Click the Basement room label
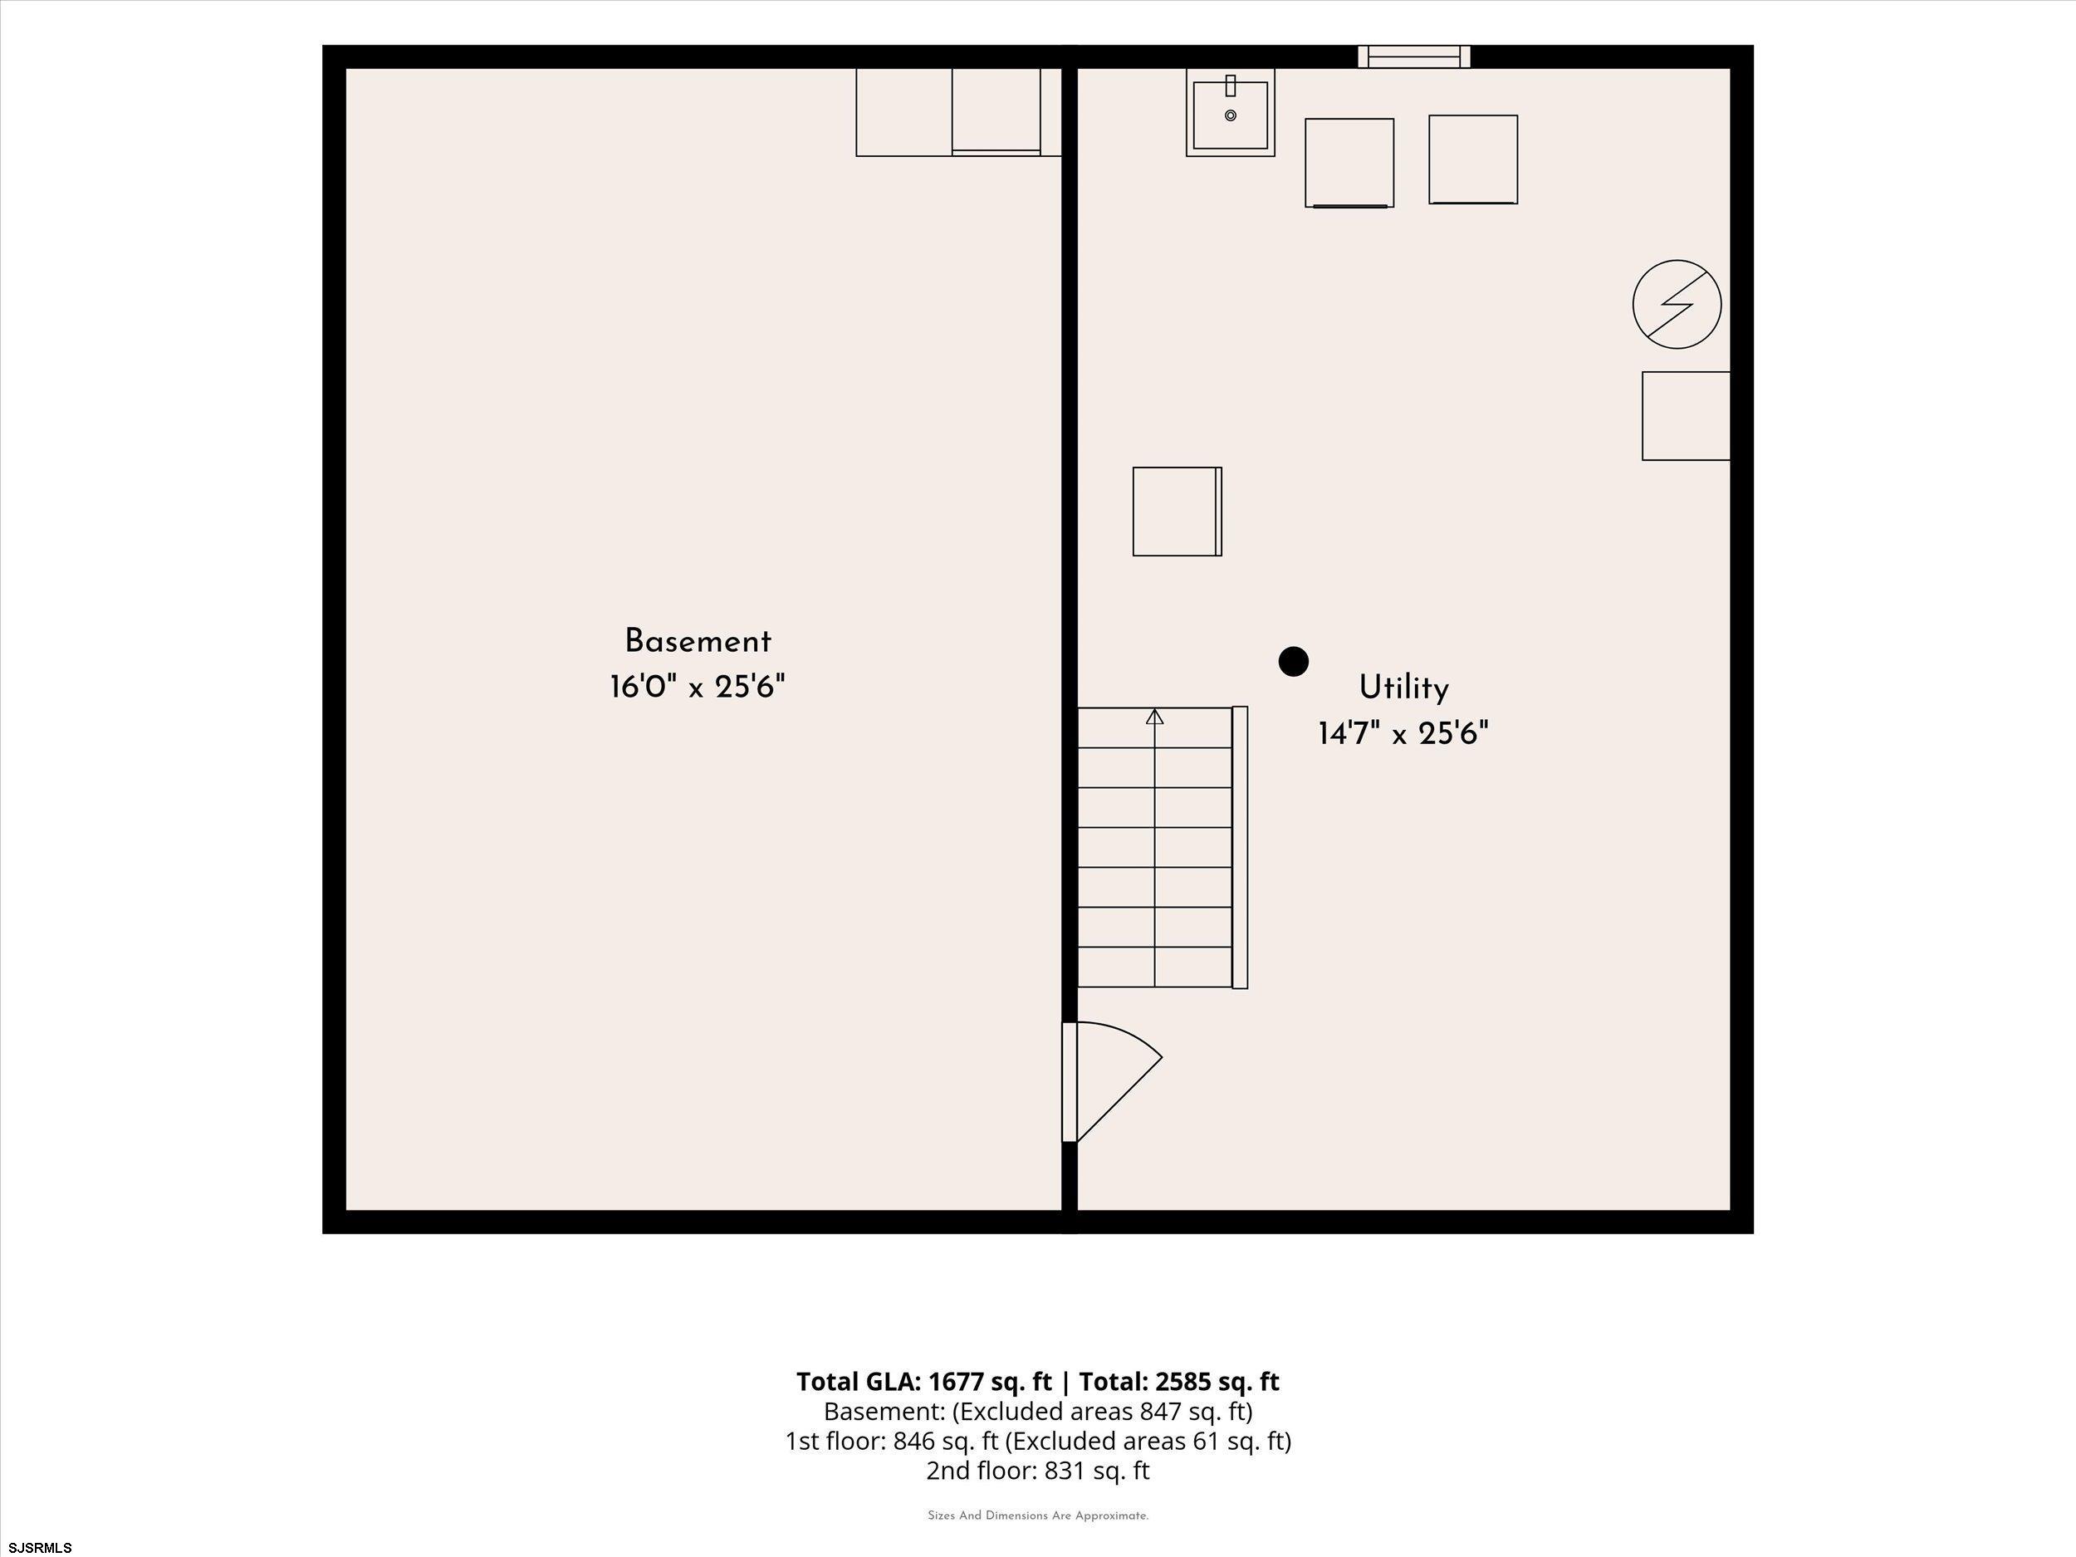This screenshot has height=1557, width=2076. click(698, 642)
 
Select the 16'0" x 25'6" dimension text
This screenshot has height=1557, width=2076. click(698, 687)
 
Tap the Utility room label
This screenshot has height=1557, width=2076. click(1404, 688)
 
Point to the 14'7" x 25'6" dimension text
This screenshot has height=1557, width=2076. click(1403, 733)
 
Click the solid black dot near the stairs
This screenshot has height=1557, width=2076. click(1293, 662)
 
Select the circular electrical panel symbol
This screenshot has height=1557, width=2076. click(1677, 304)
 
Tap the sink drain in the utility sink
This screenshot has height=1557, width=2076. click(1231, 115)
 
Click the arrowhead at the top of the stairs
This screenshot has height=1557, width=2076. click(1154, 717)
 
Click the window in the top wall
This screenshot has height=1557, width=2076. click(1413, 56)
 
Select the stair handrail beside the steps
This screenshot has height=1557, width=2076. click(1240, 848)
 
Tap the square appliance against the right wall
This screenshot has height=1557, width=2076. click(1686, 416)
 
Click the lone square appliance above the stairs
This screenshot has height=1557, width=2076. click(1177, 512)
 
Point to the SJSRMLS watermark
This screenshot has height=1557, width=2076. click(41, 1548)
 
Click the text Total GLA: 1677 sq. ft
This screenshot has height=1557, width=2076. click(923, 1382)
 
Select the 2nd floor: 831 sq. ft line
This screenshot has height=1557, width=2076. click(1037, 1470)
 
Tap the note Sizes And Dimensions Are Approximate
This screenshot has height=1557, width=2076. click(1038, 1515)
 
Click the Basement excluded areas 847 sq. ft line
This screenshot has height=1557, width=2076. click(1038, 1412)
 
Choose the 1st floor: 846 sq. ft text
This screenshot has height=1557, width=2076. click(892, 1441)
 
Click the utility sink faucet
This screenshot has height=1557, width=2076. click(1231, 86)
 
